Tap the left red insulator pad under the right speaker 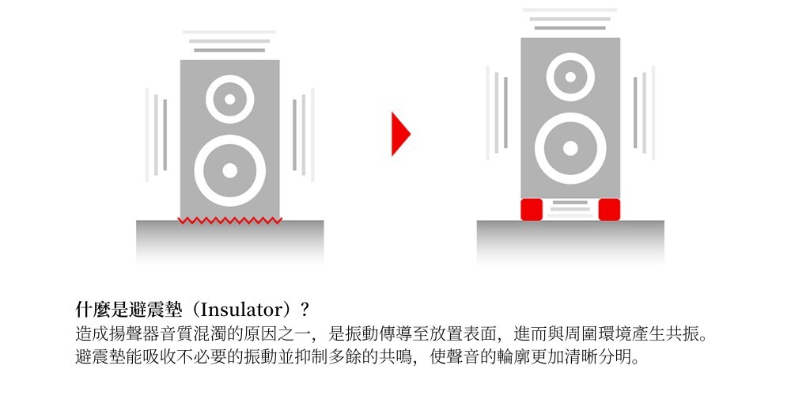531,209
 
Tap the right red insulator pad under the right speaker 609,209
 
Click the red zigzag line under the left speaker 229,219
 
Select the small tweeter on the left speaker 229,99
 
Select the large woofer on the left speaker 229,170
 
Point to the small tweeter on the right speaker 570,78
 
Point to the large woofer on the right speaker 570,148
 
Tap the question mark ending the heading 304,307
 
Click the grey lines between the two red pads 570,209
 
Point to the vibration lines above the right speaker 570,19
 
